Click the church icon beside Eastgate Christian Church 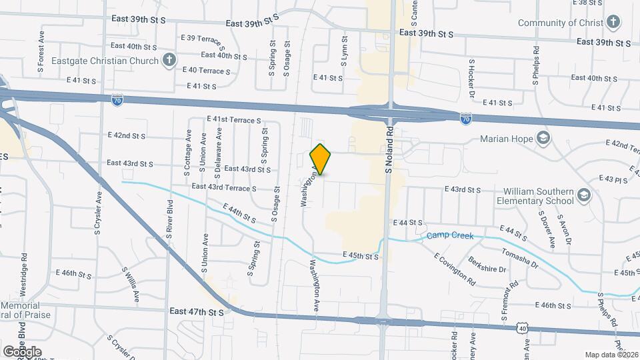[169, 61]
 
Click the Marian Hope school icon [545, 139]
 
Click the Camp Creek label [450, 236]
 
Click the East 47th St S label [197, 311]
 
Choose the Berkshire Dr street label [487, 265]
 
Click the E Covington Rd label [455, 269]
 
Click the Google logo [22, 351]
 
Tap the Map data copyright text [611, 355]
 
